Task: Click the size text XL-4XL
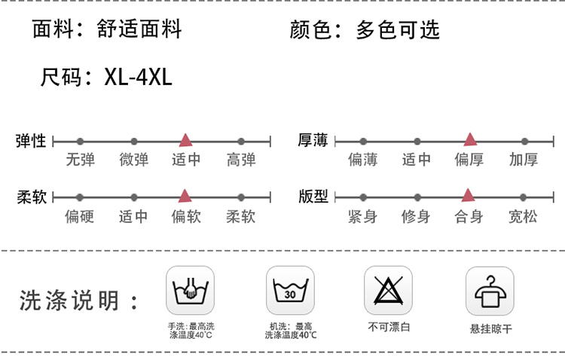point(139,77)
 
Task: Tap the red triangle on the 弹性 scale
point(185,140)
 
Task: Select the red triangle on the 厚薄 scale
point(470,139)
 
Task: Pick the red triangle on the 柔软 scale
point(185,197)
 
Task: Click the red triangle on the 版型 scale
point(468,196)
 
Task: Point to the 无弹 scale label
point(81,160)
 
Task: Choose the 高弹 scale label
point(241,160)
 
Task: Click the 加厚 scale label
point(524,160)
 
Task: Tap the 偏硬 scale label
point(79,217)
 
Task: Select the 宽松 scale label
point(524,217)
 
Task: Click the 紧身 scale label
point(362,217)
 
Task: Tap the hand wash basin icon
point(190,290)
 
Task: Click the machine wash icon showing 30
point(290,290)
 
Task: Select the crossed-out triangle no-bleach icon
point(389,290)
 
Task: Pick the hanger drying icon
point(490,290)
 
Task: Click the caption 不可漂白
point(389,327)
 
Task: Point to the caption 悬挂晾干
point(490,328)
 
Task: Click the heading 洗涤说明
point(69,301)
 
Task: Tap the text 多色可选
point(397,30)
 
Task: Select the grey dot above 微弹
point(134,141)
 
